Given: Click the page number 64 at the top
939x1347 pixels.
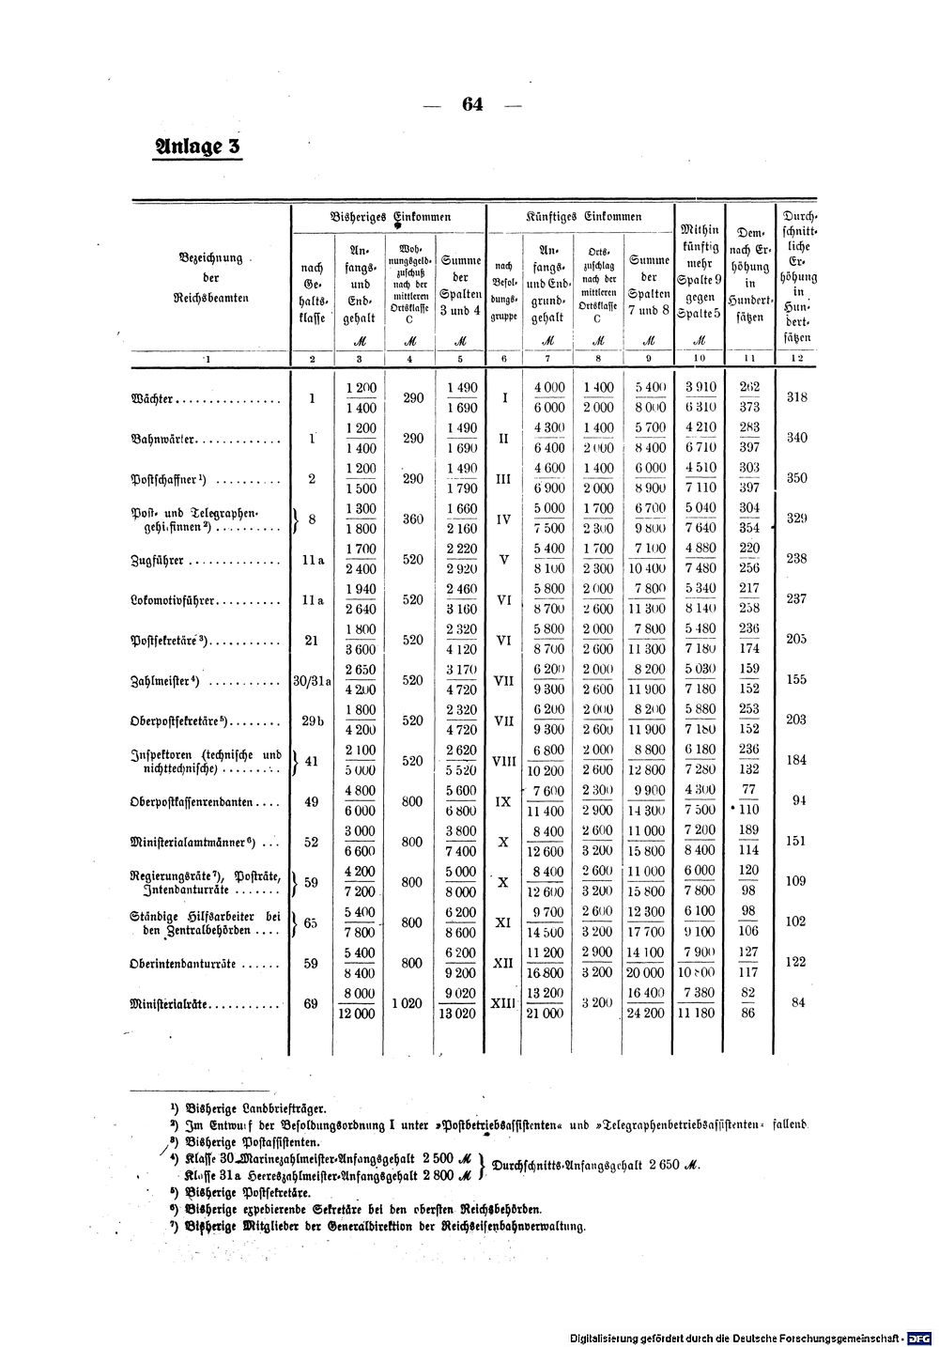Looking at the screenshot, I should (x=471, y=104).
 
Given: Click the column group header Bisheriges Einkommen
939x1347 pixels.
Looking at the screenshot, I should (x=392, y=217).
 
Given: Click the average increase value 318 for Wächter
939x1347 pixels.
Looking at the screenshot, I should (x=797, y=397).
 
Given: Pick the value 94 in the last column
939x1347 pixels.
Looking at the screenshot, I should (x=798, y=800).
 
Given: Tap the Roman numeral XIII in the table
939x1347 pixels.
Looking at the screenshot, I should (x=503, y=1003).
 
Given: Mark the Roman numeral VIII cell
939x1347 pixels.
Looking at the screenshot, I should (x=503, y=761).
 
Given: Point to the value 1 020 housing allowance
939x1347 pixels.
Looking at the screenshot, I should (x=412, y=1003).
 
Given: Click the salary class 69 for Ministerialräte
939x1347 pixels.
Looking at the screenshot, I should (x=312, y=1003).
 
